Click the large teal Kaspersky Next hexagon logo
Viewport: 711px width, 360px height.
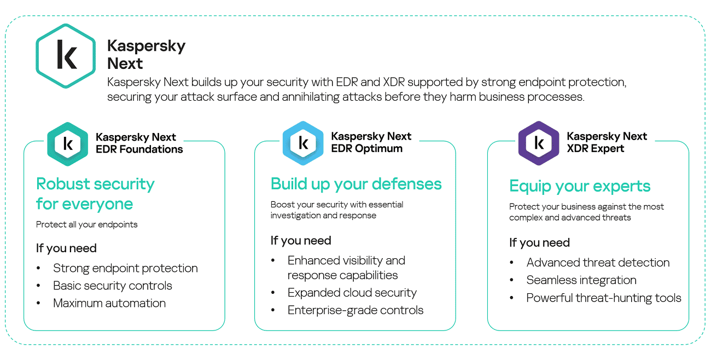click(66, 55)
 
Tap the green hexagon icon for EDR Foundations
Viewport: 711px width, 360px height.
click(68, 143)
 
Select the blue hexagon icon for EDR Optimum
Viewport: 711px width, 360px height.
click(303, 143)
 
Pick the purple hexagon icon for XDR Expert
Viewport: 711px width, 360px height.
click(539, 143)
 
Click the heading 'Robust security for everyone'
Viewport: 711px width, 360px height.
click(95, 194)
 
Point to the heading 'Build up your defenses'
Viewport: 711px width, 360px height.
click(356, 184)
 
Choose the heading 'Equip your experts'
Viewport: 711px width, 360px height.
click(580, 186)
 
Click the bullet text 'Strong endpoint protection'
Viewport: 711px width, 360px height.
click(125, 268)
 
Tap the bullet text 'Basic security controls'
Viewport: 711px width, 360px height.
click(113, 286)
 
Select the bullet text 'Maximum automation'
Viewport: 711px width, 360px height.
click(109, 303)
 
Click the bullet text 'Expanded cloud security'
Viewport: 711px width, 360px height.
click(352, 293)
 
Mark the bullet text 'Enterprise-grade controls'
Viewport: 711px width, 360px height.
click(355, 310)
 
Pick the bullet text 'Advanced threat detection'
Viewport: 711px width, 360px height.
click(598, 263)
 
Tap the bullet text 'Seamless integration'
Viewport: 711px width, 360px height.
click(581, 280)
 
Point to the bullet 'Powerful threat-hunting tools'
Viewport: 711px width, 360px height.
click(604, 298)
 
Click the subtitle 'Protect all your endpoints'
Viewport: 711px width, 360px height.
click(87, 224)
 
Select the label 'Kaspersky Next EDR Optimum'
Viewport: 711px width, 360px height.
click(371, 142)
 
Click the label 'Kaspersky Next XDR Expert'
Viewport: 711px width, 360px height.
click(607, 142)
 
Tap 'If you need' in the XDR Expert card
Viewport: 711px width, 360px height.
click(539, 242)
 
